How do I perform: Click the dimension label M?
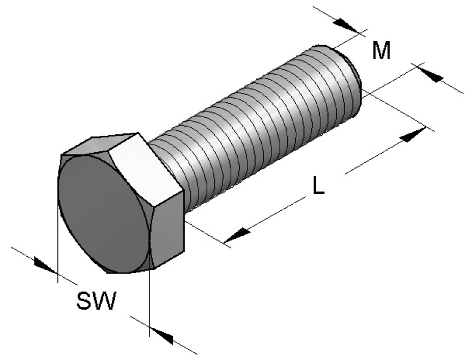click(x=381, y=50)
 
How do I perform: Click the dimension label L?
click(x=318, y=186)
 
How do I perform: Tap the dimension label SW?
click(x=96, y=301)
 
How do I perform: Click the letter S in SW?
click(x=84, y=301)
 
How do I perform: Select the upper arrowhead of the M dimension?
click(x=345, y=25)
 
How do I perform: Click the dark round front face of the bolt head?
click(x=102, y=213)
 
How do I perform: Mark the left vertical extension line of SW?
click(x=57, y=240)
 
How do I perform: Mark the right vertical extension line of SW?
click(x=149, y=301)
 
